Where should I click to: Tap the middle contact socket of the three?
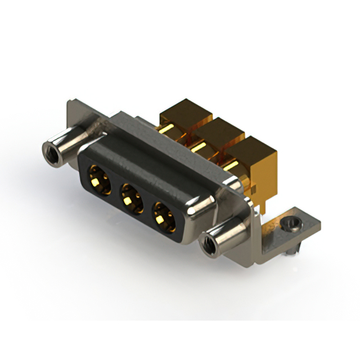tap(130, 197)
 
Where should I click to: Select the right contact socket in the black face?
tap(164, 216)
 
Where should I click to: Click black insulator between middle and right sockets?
tap(147, 206)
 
